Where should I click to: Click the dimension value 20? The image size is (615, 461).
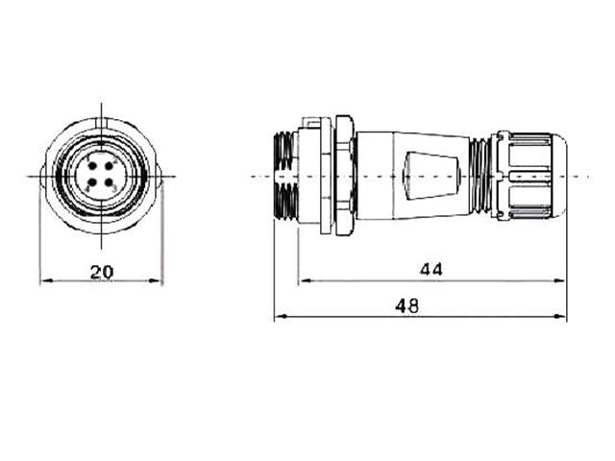101,272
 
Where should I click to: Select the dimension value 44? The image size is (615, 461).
430,270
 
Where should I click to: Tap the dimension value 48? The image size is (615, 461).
407,305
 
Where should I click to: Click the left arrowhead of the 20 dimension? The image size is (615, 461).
44,282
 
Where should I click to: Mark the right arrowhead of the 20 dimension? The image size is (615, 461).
159,282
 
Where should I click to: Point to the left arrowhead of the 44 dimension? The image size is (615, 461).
304,281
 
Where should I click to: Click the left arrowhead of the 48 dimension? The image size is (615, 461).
279,317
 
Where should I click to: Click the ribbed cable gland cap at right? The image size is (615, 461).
531,177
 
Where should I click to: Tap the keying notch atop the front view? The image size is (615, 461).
101,124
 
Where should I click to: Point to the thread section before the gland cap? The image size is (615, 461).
480,177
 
